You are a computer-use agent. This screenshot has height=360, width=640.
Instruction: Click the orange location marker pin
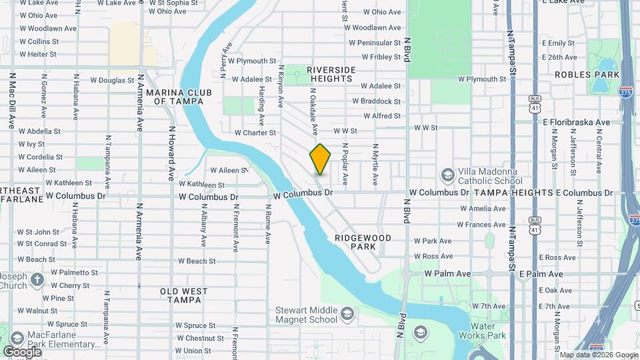coord(320,159)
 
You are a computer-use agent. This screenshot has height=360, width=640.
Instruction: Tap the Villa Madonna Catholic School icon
coord(447,175)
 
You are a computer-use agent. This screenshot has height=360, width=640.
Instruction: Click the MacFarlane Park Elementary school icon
coord(16,339)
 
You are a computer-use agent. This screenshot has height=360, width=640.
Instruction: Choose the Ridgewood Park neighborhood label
coord(363,242)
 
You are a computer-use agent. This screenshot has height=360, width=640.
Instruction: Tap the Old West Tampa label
coord(183,295)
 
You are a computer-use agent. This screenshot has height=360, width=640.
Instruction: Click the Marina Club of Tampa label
coord(183,97)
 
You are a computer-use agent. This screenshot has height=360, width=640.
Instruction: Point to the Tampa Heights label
coord(513,193)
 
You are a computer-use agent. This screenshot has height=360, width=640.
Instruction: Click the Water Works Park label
coord(492,331)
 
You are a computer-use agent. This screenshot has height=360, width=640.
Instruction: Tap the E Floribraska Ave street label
coord(577,123)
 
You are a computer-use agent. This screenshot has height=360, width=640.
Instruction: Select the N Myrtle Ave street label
coord(375,165)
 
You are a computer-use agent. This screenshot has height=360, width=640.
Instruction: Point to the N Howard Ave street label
coord(171,154)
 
